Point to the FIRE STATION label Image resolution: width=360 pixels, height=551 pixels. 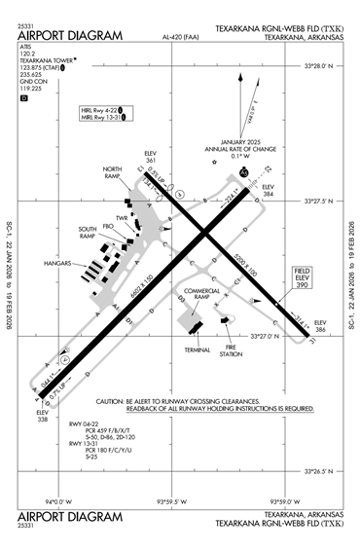(x=231, y=350)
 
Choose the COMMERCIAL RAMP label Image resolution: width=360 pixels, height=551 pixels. (x=201, y=293)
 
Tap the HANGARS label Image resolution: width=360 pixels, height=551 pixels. (x=59, y=264)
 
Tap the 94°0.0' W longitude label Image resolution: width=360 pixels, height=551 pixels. (x=58, y=502)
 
